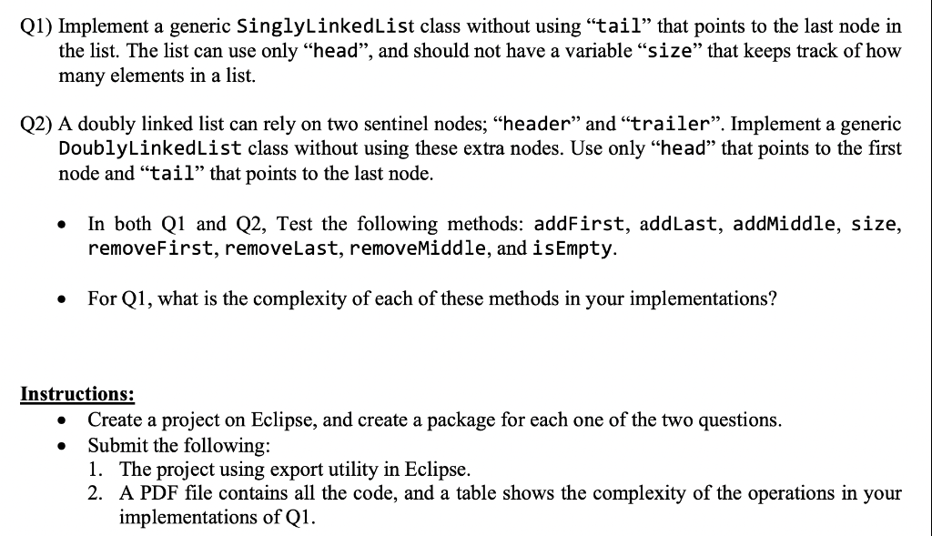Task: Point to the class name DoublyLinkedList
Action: tap(149, 148)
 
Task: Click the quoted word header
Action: tap(537, 123)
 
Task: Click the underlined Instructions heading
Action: tap(77, 394)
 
